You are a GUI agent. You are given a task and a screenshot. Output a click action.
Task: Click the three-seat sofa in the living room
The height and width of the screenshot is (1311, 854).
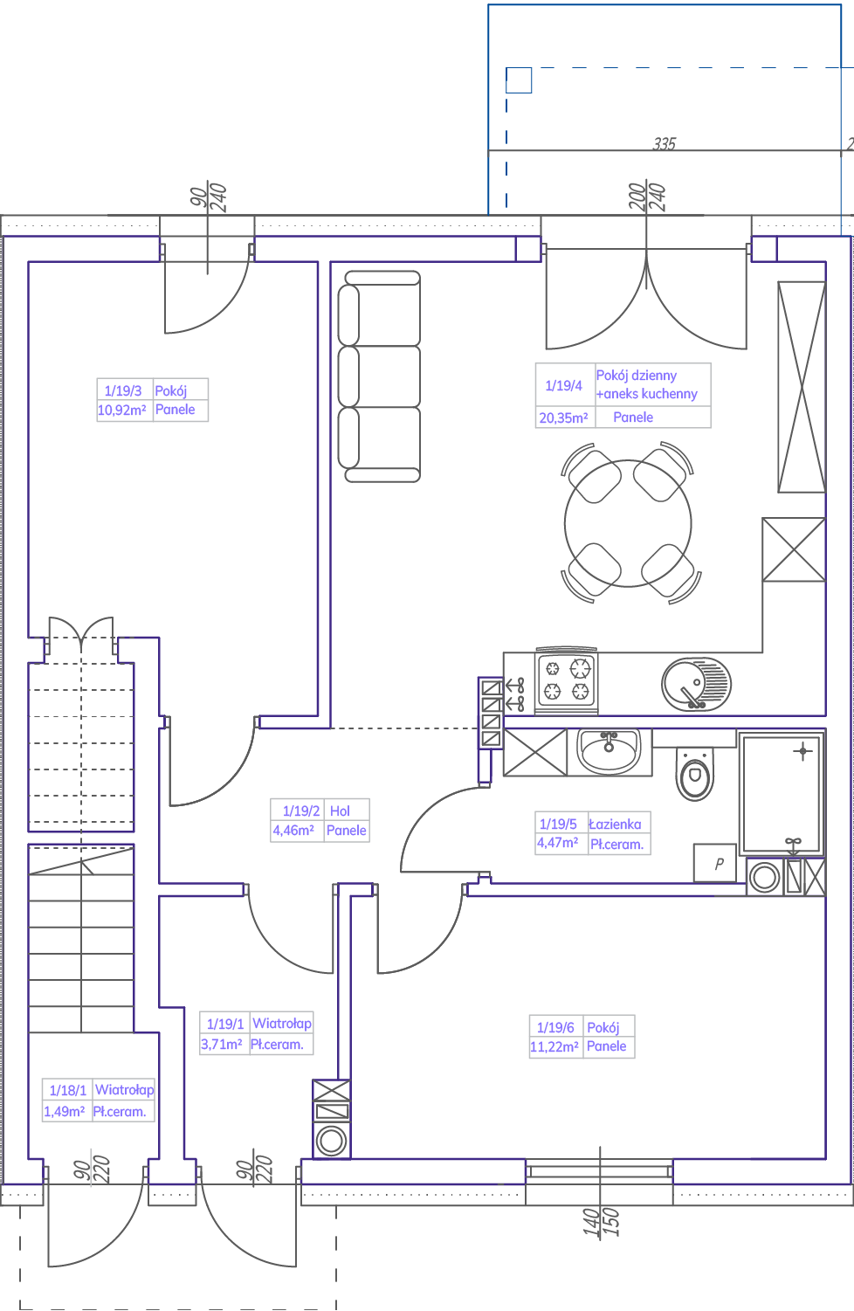coord(379,376)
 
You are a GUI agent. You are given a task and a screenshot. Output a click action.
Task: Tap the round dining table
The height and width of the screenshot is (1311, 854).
coord(628,523)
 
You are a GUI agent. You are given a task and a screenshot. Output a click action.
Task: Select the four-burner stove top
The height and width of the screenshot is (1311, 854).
coord(566,680)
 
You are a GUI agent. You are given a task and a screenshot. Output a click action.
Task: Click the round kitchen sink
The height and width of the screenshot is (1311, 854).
coord(696,684)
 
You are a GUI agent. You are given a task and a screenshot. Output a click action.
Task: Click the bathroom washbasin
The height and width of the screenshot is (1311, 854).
coord(609,751)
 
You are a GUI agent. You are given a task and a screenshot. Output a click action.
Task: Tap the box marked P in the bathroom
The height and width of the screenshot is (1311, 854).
coord(715,863)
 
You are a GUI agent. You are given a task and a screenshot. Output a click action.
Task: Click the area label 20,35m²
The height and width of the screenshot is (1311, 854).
coord(563,417)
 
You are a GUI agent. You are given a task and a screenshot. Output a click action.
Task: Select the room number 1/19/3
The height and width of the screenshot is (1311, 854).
coord(123,390)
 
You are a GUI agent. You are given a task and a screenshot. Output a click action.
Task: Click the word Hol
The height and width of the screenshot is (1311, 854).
coord(340,811)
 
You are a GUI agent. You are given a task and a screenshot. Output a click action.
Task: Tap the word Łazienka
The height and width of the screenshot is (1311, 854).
coord(615,824)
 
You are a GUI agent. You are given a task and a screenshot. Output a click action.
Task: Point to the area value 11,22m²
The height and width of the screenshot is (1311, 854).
coord(554,1046)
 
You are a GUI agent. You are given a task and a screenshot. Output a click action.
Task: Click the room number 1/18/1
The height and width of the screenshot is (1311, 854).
coord(68,1090)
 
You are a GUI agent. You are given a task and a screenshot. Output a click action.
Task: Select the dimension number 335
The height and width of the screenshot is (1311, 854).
coord(665,143)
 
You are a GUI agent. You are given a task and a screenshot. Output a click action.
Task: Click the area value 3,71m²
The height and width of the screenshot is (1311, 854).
coord(222,1044)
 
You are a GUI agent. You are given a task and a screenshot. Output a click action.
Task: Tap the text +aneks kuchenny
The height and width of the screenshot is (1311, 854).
coord(647,394)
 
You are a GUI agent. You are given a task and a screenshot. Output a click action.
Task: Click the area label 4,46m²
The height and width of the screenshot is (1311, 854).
coord(293,830)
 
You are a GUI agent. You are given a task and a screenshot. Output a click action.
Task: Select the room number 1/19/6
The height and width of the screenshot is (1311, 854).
coord(555,1027)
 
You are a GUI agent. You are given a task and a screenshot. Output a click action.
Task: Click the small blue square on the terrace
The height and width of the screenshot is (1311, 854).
coord(519,80)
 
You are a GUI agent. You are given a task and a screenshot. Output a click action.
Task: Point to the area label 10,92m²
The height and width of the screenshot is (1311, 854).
coord(121,410)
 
